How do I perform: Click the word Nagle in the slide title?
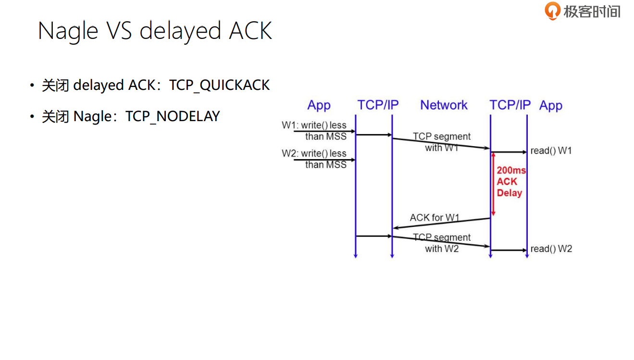[68, 31]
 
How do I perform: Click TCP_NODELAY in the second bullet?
[173, 116]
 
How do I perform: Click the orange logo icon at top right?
[553, 11]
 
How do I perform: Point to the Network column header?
[444, 105]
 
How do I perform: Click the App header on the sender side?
[319, 105]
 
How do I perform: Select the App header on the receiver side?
[551, 105]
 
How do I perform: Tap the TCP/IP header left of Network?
[378, 105]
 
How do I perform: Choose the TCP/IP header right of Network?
[510, 105]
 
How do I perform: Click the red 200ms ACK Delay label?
[510, 182]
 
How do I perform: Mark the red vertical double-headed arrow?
[493, 184]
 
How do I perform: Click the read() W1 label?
[551, 151]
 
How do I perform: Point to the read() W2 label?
[551, 249]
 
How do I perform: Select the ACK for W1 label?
[435, 218]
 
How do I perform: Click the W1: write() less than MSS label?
[314, 131]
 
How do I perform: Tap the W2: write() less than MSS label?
[314, 159]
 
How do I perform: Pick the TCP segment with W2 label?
[442, 243]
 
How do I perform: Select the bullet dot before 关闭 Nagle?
[32, 117]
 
